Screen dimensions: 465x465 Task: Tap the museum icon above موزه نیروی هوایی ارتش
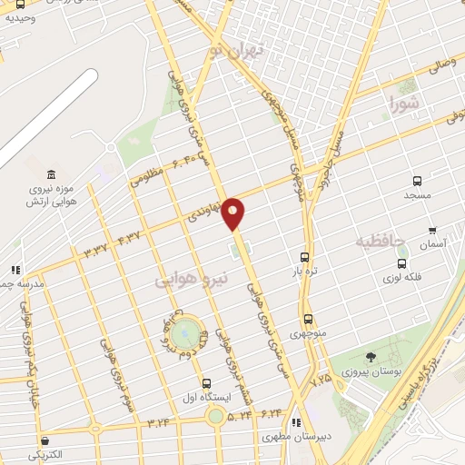click(x=49, y=173)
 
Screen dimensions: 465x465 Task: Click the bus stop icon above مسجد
click(x=417, y=181)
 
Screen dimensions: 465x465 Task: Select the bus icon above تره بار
click(x=304, y=257)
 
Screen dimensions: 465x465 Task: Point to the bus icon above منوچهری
click(x=309, y=320)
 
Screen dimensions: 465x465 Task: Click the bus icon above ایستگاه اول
click(x=207, y=384)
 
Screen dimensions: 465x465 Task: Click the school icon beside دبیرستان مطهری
click(x=296, y=422)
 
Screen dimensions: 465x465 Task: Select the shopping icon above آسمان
click(x=431, y=231)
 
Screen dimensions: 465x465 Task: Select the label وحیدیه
click(x=20, y=18)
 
